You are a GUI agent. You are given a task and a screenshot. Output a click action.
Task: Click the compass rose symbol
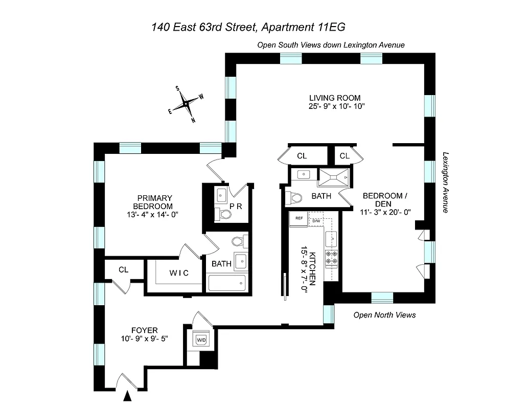[x=187, y=104]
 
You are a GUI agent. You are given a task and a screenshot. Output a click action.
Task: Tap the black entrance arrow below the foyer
[x=128, y=396]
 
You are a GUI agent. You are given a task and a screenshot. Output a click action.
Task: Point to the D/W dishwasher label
[x=316, y=220]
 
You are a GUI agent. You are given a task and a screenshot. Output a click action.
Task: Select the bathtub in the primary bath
[x=226, y=283]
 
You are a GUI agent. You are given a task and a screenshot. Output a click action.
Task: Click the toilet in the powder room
[x=223, y=214]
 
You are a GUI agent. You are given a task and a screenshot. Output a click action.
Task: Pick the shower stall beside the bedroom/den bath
[x=334, y=177]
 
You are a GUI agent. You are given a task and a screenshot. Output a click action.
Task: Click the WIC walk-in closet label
[x=179, y=273]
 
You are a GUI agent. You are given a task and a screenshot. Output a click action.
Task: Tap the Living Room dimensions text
[x=335, y=106]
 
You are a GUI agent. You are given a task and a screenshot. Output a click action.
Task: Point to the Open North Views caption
[x=384, y=315]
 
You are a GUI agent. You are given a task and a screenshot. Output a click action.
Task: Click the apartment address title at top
[x=251, y=27]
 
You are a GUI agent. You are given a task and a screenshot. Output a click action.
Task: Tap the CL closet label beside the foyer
[x=123, y=269]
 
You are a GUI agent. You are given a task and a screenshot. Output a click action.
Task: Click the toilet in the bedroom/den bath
[x=294, y=197]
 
